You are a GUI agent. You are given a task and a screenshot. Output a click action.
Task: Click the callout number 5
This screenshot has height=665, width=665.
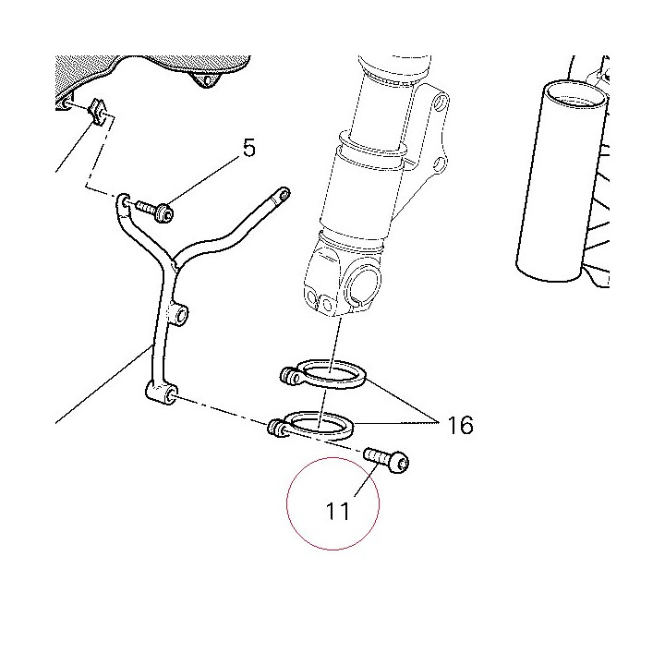(x=249, y=149)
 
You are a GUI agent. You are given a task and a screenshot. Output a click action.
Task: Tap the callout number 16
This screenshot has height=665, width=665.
(x=460, y=425)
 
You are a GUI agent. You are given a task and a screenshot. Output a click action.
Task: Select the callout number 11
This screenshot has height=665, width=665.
(x=338, y=511)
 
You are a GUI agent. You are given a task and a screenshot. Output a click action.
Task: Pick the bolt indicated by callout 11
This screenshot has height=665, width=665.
(x=386, y=461)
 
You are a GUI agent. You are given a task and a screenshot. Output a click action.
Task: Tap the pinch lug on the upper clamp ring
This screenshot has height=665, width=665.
(x=290, y=376)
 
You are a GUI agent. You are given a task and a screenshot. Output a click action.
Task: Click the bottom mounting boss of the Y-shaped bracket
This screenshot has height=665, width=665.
(x=162, y=393)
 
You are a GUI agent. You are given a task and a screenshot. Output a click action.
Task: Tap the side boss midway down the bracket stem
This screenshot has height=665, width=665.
(x=180, y=315)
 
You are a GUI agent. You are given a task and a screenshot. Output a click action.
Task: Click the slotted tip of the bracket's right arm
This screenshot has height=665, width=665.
(x=281, y=195)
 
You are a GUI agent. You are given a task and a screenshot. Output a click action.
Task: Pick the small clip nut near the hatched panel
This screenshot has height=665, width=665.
(x=99, y=111)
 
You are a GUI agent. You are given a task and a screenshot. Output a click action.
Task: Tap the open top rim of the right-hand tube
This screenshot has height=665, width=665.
(x=576, y=92)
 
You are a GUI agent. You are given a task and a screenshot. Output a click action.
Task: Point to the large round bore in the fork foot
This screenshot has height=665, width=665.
(x=364, y=285)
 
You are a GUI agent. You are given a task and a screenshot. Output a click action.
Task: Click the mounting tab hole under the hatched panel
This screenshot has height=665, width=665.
(x=208, y=80)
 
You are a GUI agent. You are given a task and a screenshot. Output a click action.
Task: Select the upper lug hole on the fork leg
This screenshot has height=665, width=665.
(x=441, y=101)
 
